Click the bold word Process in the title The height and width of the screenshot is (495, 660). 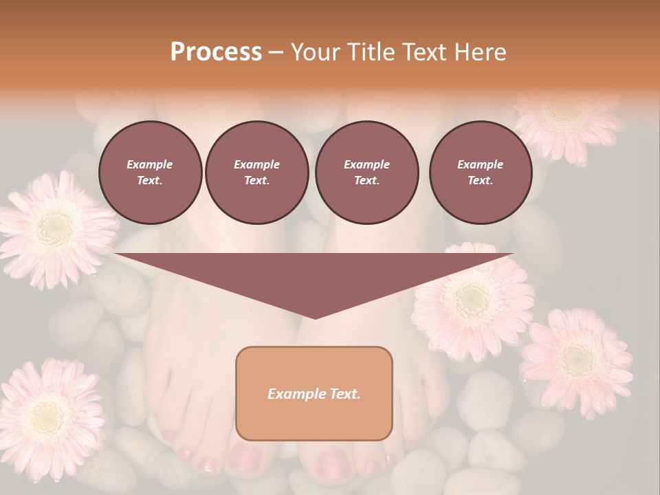pyautogui.click(x=216, y=52)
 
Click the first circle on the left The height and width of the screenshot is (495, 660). pyautogui.click(x=150, y=172)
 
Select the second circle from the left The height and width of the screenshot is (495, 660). pyautogui.click(x=256, y=172)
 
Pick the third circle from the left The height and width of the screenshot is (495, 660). pyautogui.click(x=366, y=172)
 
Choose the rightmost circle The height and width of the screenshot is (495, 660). pyautogui.click(x=480, y=172)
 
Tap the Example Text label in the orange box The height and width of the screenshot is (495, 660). pyautogui.click(x=314, y=394)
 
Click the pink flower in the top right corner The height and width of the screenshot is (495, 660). pyautogui.click(x=567, y=120)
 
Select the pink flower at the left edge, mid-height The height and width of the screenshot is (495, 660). pyautogui.click(x=54, y=227)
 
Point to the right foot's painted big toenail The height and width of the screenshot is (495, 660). pyautogui.click(x=332, y=463)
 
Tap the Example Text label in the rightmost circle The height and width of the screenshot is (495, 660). pyautogui.click(x=480, y=172)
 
